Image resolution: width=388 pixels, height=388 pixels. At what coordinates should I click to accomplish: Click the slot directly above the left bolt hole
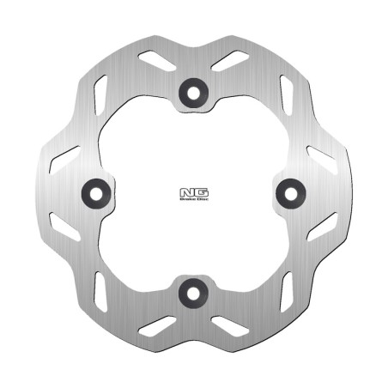[64, 158]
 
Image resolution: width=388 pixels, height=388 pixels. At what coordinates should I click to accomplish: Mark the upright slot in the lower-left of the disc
[99, 290]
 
